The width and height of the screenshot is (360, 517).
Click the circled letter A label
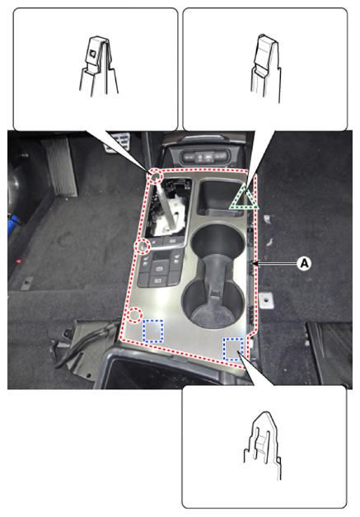(x=304, y=263)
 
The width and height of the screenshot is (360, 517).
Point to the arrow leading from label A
(x=274, y=263)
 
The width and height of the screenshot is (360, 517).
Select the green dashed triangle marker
(x=245, y=198)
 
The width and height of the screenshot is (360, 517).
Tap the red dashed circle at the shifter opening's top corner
(x=155, y=177)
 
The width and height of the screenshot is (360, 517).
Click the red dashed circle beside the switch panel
(x=143, y=246)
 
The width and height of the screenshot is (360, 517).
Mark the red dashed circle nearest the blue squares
(x=134, y=314)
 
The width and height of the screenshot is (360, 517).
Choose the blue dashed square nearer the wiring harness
(x=153, y=331)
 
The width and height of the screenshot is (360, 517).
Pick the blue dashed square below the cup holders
(x=233, y=349)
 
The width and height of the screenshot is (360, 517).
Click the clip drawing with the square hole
(x=98, y=66)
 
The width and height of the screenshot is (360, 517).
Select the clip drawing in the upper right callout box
(x=266, y=68)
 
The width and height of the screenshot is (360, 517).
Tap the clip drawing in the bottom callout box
(x=263, y=444)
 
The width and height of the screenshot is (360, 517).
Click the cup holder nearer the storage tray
(x=217, y=243)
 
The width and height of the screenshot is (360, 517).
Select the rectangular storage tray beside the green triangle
(x=219, y=197)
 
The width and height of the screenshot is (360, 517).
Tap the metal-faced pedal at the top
(x=118, y=141)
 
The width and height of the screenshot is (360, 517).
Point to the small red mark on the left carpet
(x=18, y=261)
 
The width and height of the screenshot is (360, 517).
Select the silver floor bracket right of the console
(x=266, y=300)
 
